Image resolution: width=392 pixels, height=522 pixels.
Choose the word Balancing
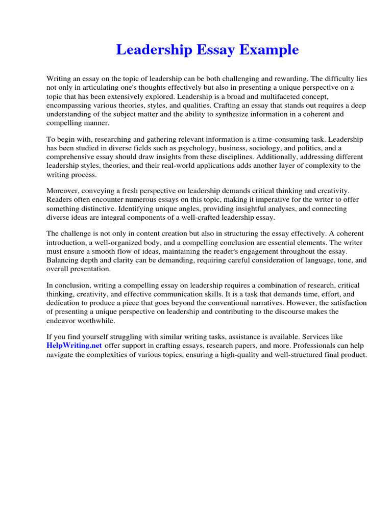63,260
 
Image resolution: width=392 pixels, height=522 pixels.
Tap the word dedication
67,303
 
